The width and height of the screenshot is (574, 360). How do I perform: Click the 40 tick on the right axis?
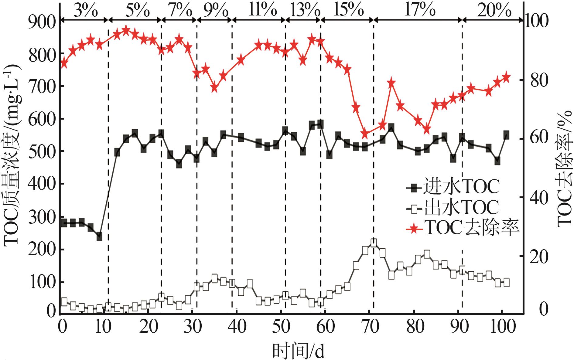pos(539,197)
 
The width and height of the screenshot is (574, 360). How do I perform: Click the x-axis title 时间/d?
pos(298,351)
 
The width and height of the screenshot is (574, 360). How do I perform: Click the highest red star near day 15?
pos(126,30)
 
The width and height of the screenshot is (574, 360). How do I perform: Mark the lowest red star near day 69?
pos(365,134)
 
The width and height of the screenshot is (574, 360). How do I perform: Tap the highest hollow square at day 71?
pos(374,243)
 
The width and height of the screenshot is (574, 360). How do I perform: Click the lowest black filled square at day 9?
pos(99,236)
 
